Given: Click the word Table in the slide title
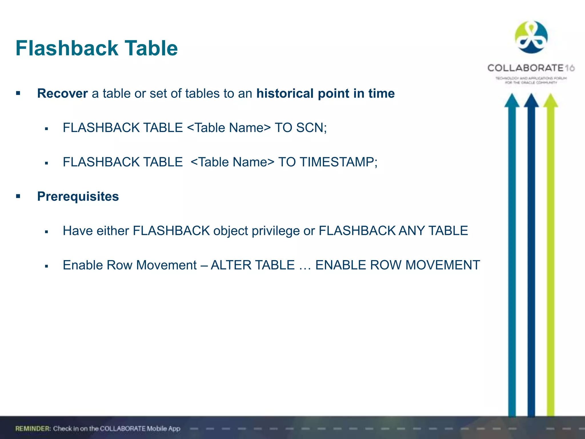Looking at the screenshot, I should [151, 48].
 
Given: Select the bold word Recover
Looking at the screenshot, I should [62, 93].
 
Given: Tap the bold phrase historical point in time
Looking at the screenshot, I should [325, 93].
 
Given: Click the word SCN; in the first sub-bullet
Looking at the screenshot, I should [311, 128].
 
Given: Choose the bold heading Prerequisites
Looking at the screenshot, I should [78, 196].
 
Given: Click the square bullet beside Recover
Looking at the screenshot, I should [18, 93].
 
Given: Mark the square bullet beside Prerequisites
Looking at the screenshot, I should [18, 196].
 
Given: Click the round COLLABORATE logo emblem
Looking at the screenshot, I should [531, 37].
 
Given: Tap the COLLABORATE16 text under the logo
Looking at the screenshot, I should [531, 68].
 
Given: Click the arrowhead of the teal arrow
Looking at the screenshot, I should [512, 101].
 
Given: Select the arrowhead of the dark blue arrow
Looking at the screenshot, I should [531, 101].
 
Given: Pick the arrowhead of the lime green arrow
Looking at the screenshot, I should [550, 101].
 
